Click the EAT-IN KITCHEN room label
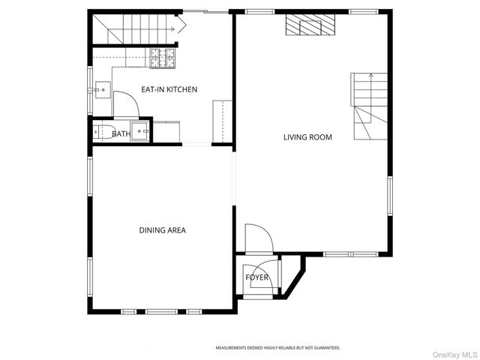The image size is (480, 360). point(169,90)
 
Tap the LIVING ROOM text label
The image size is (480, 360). point(307,137)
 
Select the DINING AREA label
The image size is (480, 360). point(162,230)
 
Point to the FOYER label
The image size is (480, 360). point(257,277)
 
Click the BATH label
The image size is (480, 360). point(121,134)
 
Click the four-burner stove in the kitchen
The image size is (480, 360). point(162,58)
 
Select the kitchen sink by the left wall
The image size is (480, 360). point(104,91)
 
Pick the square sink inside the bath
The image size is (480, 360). point(141,131)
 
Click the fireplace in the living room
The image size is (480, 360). point(309,28)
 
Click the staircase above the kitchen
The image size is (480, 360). point(135,29)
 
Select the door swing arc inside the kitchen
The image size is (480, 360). point(126,103)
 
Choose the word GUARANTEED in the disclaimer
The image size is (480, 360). point(325,348)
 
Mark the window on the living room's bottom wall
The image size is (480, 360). point(350,253)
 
